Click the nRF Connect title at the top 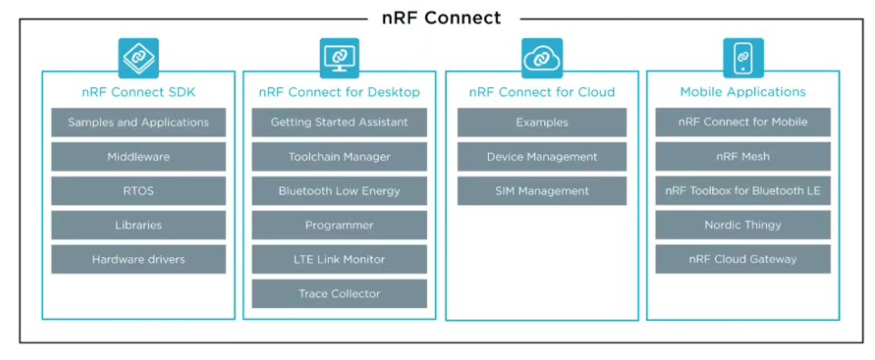[442, 18]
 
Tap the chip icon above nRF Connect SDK [138, 58]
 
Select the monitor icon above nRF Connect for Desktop [339, 58]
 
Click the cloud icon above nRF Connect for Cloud [542, 58]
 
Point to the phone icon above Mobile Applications [743, 58]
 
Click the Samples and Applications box [138, 122]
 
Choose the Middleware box [138, 157]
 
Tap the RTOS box [138, 191]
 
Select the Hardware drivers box [138, 259]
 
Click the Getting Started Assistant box [339, 122]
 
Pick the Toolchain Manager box [339, 157]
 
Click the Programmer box [339, 225]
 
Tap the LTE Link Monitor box [339, 259]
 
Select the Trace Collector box [339, 294]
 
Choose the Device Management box [542, 157]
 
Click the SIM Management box [542, 191]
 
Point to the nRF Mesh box [742, 157]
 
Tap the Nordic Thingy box [742, 225]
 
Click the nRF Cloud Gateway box [742, 259]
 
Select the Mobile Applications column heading [742, 92]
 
